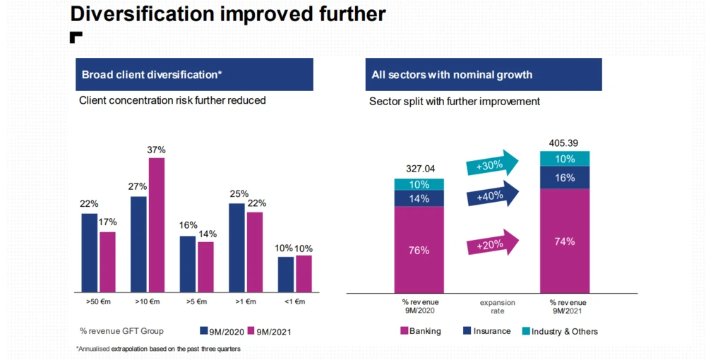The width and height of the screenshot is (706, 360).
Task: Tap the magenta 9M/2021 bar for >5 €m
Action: click(x=205, y=267)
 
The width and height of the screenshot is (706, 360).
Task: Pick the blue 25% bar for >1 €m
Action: click(x=237, y=247)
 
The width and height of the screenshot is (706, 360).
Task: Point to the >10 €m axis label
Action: click(x=147, y=302)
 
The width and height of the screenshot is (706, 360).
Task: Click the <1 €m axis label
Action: click(x=294, y=302)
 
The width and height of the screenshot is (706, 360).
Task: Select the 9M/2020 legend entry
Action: click(x=222, y=331)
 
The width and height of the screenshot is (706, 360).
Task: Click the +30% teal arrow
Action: click(x=492, y=165)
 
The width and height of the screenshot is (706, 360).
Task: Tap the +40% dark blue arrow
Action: click(x=492, y=196)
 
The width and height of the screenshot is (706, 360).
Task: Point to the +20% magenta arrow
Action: click(x=492, y=244)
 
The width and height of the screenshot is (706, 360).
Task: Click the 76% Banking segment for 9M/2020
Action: click(x=419, y=249)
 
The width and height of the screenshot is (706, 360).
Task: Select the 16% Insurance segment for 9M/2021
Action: click(x=565, y=178)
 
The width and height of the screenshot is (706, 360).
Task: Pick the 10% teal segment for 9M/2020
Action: click(x=419, y=185)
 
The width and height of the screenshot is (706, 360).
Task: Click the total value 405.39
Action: click(x=563, y=143)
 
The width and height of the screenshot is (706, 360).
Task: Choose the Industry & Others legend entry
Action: click(x=559, y=331)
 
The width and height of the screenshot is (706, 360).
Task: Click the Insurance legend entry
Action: click(x=486, y=331)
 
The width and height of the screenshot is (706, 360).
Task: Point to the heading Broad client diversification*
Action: click(x=152, y=75)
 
